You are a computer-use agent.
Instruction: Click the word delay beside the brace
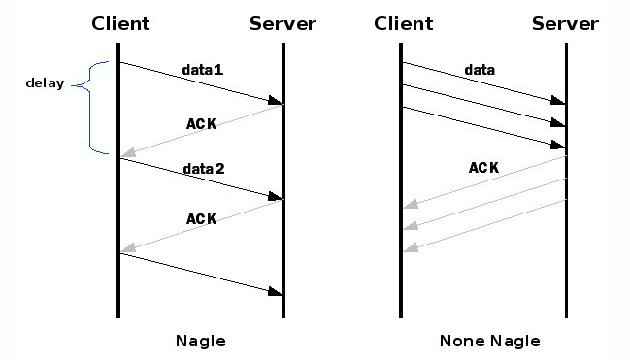coord(45,83)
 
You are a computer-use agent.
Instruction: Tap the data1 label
coord(202,71)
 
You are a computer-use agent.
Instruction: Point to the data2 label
coord(204,169)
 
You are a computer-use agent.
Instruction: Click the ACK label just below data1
coord(202,123)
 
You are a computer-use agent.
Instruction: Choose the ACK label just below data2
coord(202,219)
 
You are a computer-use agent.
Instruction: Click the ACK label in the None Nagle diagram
coord(483,168)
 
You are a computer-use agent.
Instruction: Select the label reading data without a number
coord(480,70)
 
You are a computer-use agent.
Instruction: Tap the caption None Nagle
coord(489,341)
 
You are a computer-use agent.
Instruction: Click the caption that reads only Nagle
coord(200,341)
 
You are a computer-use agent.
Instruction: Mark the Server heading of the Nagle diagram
coord(282,22)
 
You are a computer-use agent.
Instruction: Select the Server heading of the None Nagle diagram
coord(565,22)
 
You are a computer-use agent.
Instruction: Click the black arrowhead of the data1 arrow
coord(275,101)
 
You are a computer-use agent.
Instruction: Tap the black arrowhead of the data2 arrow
coord(275,197)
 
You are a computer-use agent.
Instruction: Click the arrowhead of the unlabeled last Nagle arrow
coord(275,290)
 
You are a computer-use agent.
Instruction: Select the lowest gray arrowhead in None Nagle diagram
coord(410,248)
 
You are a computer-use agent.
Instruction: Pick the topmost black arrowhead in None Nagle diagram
coord(557,100)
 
